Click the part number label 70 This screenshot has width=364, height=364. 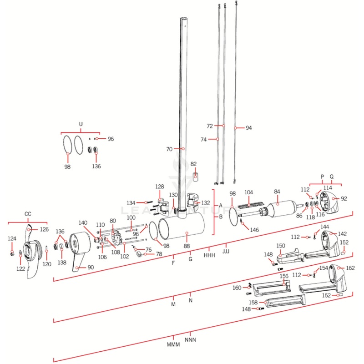(169, 149)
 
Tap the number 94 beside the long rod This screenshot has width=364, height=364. (248, 128)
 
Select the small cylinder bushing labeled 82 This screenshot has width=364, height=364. (195, 176)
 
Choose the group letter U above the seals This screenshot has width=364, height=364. (81, 124)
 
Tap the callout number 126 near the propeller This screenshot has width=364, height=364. (43, 229)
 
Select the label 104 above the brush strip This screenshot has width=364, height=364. (248, 193)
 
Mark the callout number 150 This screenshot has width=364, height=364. (281, 246)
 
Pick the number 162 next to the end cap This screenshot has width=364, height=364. (350, 268)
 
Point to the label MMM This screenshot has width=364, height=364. (173, 344)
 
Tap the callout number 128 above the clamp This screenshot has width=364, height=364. (160, 187)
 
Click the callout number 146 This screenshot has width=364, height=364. (254, 230)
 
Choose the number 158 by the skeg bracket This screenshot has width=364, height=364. (253, 302)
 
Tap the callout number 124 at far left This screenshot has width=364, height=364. (12, 238)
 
